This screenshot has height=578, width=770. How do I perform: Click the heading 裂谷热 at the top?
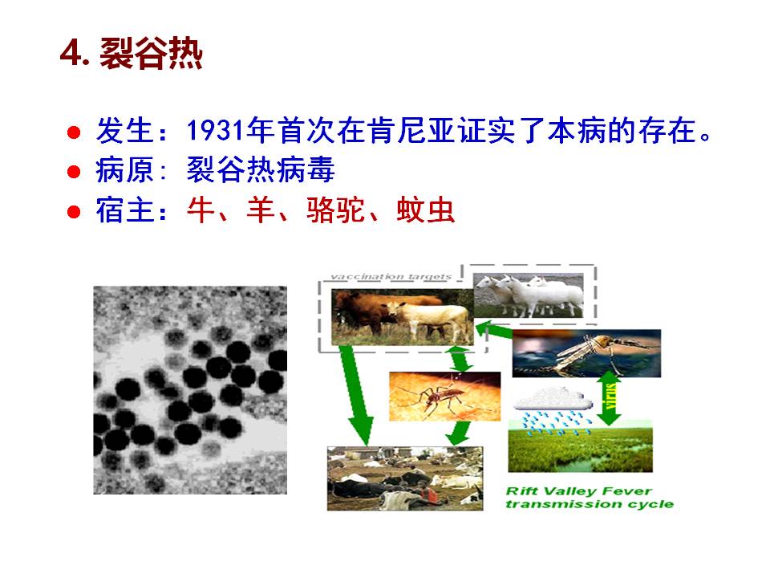[x=152, y=53]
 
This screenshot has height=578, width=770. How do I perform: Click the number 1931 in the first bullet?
[x=216, y=131]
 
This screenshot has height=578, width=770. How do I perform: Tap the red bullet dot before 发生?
[x=74, y=132]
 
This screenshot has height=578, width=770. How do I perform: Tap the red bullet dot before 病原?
[x=74, y=172]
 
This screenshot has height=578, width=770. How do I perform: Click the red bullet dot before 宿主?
[x=74, y=211]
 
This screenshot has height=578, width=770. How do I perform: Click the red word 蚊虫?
[x=426, y=210]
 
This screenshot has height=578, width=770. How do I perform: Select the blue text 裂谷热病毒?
[x=261, y=170]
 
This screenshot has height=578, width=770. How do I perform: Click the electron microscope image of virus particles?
[x=190, y=390]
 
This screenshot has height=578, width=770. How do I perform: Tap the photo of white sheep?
[x=529, y=295]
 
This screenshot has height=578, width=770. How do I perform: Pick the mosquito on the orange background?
[x=444, y=396]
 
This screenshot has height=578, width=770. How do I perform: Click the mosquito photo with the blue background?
[x=586, y=353]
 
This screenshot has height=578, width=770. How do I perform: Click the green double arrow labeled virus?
[x=610, y=398]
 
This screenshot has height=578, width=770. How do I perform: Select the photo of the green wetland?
[x=580, y=446]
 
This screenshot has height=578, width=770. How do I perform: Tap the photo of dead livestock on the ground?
[x=405, y=478]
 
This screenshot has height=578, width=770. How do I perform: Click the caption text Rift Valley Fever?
[x=578, y=491]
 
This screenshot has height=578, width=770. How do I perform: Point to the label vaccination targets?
[x=391, y=277]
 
